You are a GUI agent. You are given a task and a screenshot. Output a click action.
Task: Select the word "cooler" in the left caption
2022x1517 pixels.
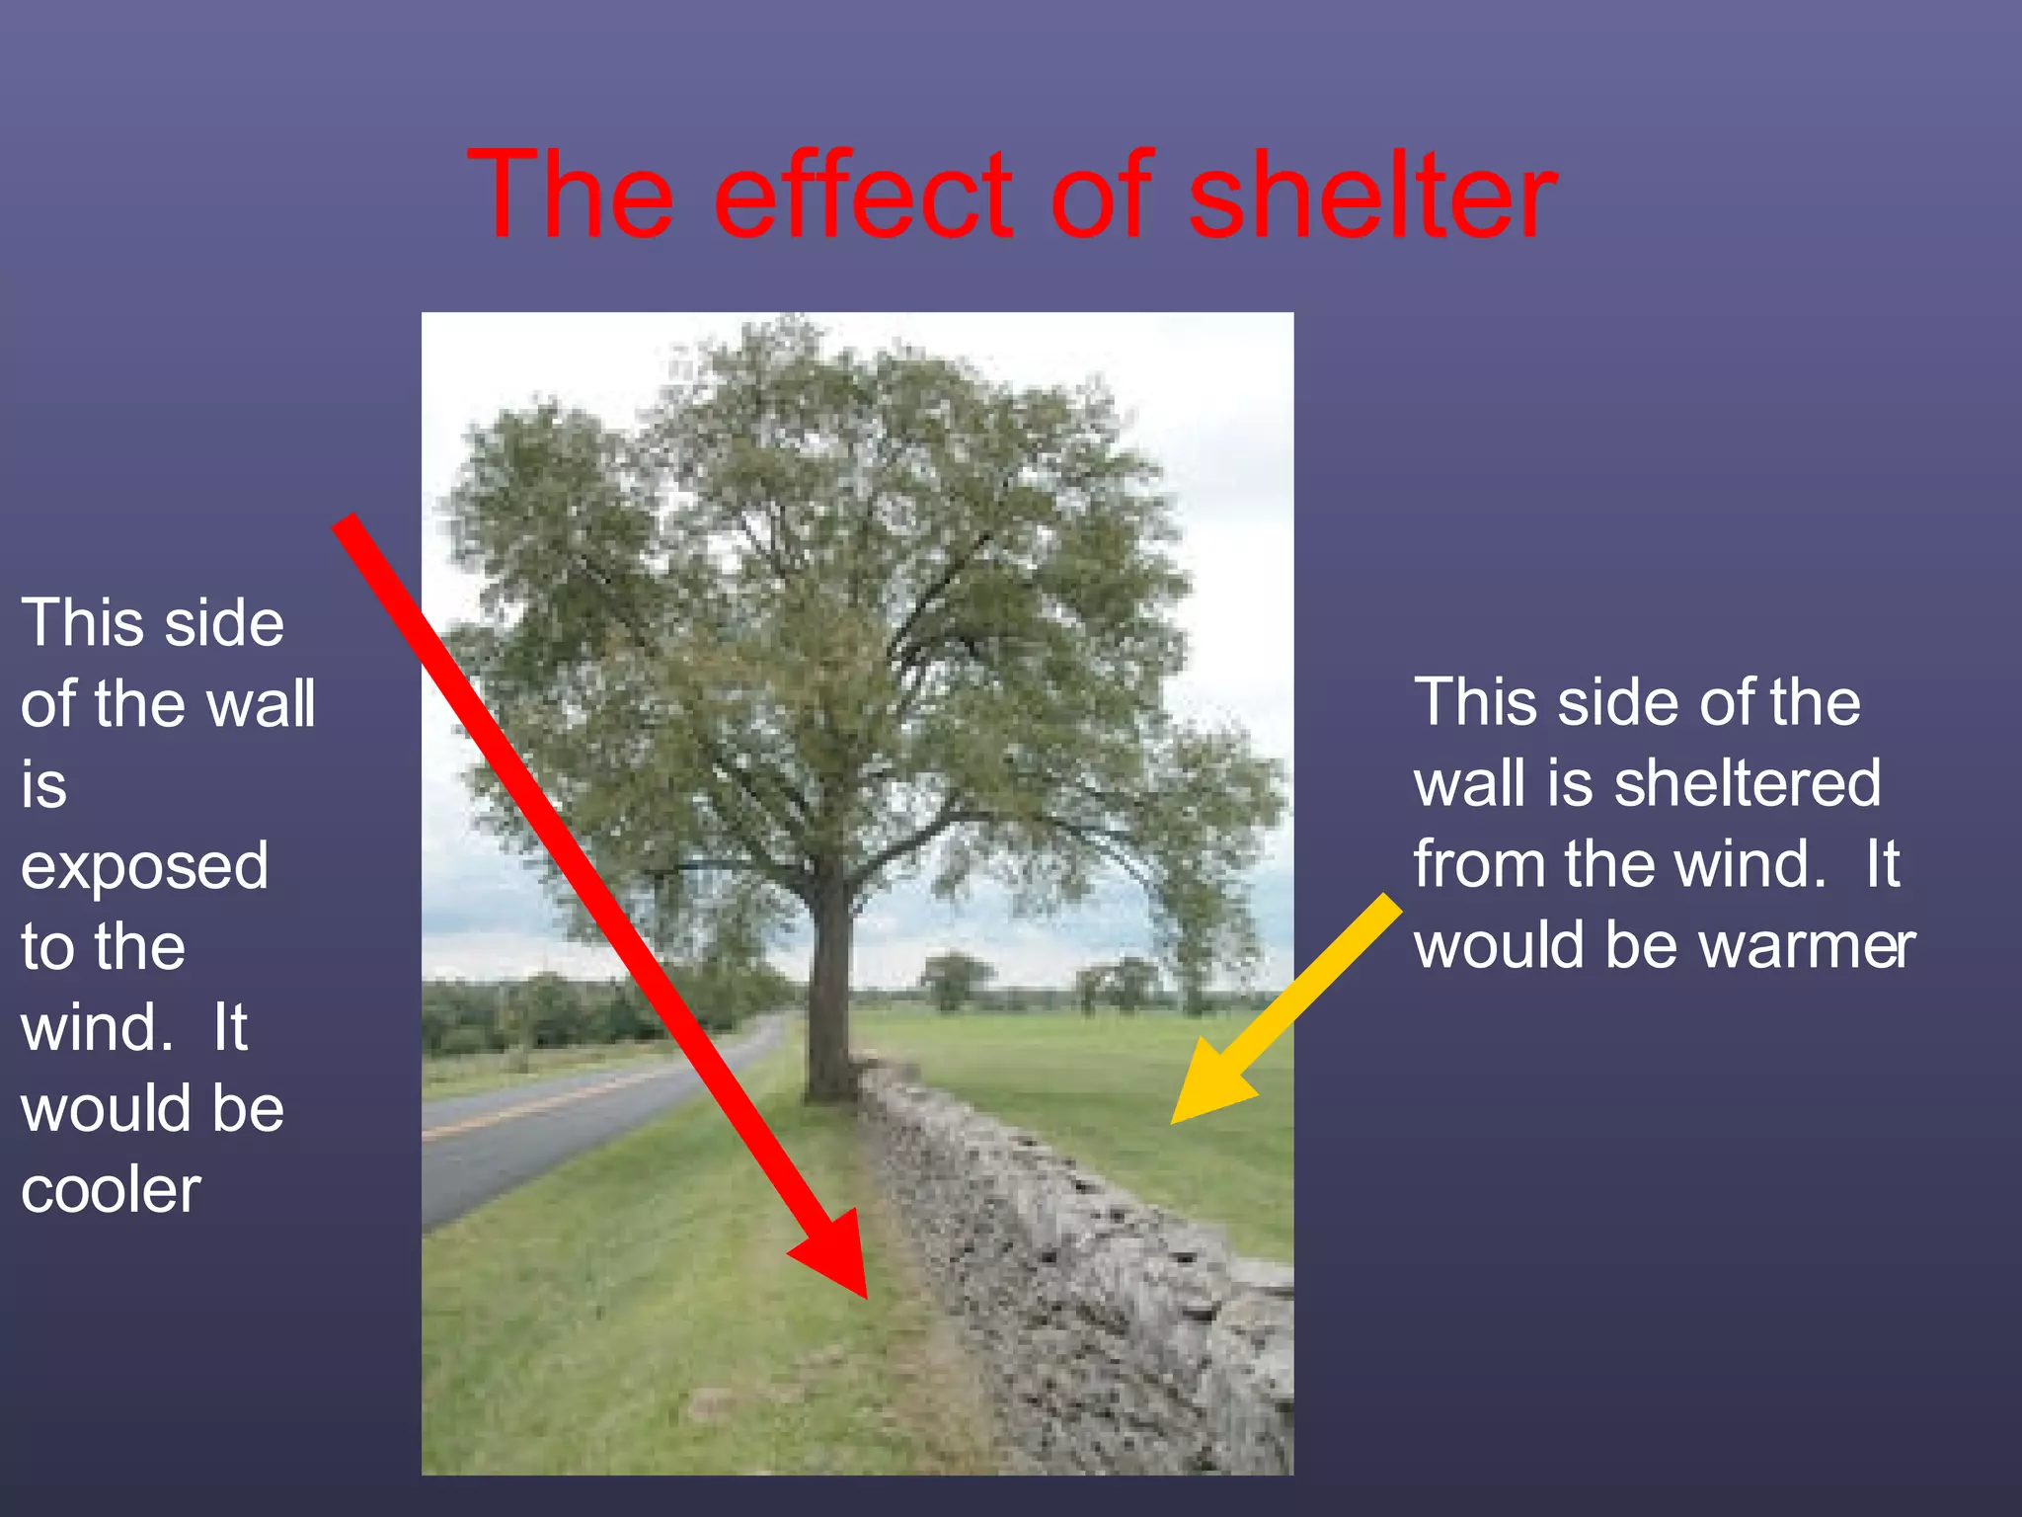111,1190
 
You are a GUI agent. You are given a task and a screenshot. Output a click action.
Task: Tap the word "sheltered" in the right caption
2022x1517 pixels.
1748,784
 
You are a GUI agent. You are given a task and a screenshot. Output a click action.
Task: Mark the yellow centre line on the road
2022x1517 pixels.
533,1104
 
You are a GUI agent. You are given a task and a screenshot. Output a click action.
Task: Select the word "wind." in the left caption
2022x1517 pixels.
97,1028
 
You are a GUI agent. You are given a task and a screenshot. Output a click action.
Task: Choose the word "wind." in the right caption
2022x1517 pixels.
1750,865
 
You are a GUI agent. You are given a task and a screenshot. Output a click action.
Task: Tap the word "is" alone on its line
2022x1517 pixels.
43,786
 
